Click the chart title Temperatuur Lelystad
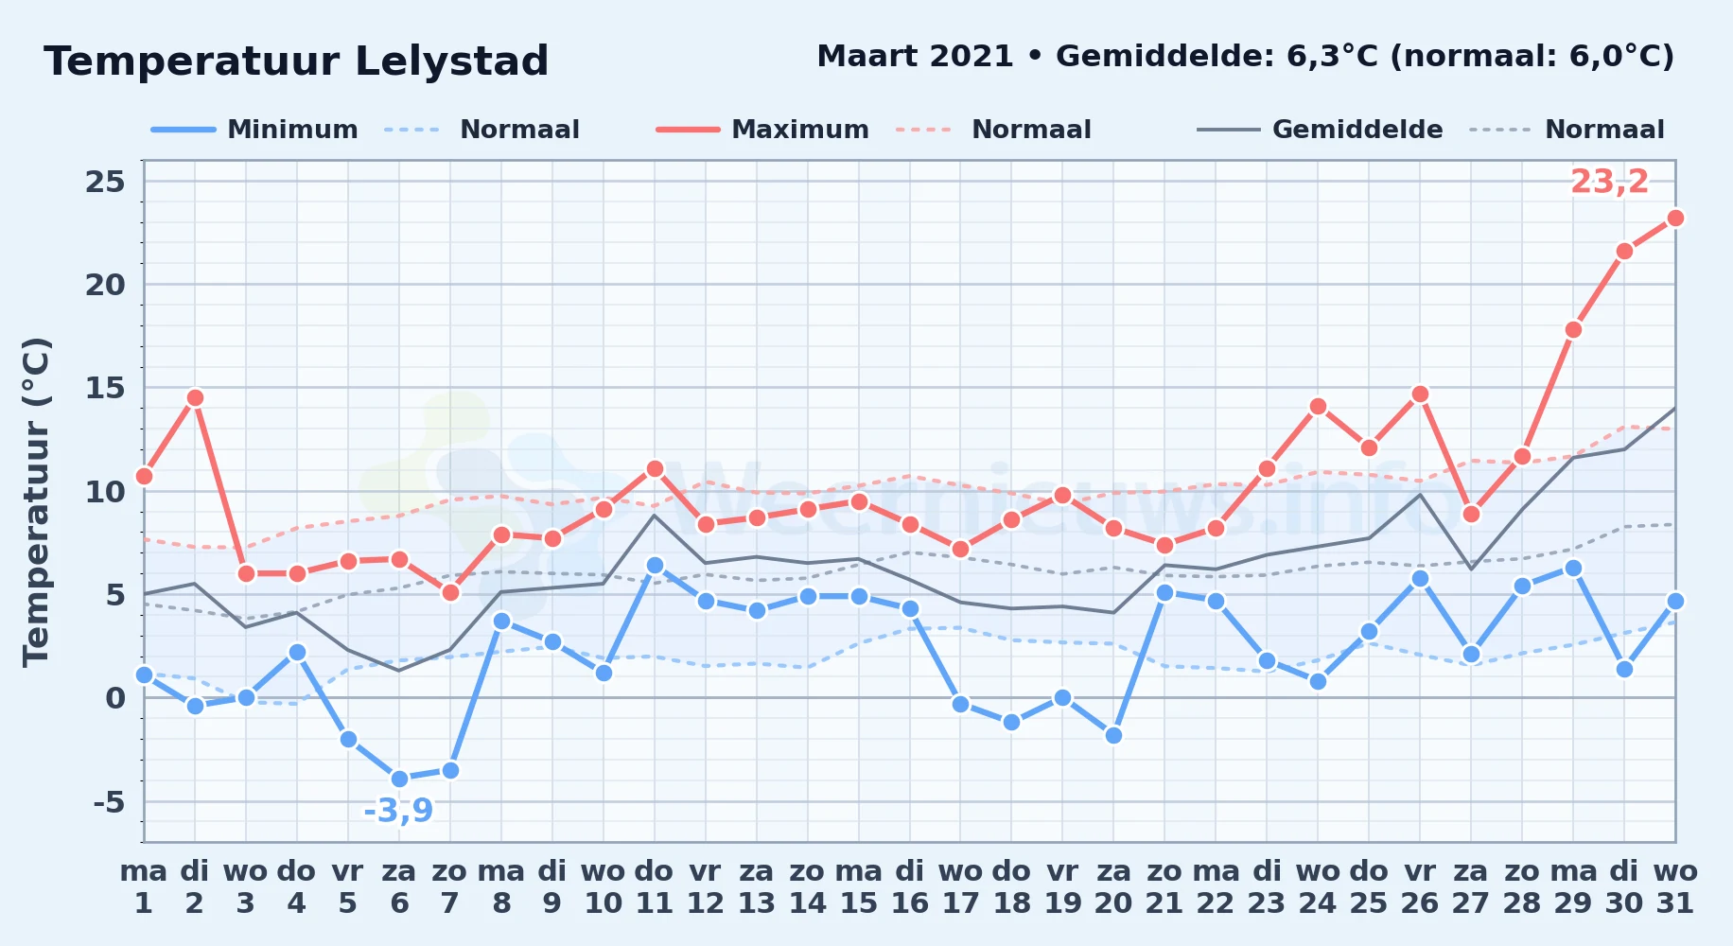tap(296, 61)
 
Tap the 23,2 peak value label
tap(1609, 182)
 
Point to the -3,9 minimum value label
tap(398, 811)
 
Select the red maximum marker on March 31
tap(1675, 218)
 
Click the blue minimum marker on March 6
tap(399, 779)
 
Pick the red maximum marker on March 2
tap(195, 397)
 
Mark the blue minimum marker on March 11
tap(655, 566)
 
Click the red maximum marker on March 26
tap(1420, 394)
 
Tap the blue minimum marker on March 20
tap(1113, 735)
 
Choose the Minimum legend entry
tap(255, 130)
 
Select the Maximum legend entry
tap(762, 130)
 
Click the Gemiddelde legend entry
tap(1321, 130)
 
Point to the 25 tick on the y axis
tap(105, 181)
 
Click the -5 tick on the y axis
tap(109, 802)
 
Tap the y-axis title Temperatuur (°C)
tap(36, 501)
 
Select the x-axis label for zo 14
tap(808, 886)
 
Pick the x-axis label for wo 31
tap(1675, 886)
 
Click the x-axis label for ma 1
tap(144, 886)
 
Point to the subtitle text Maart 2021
tap(915, 56)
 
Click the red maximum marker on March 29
tap(1573, 329)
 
